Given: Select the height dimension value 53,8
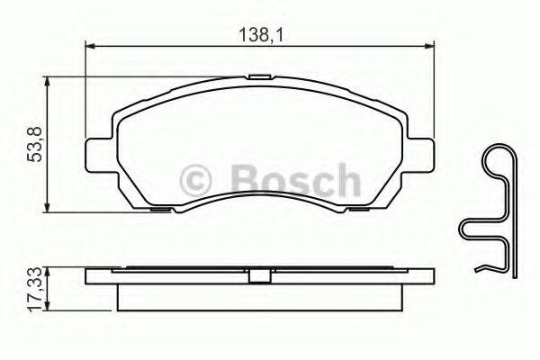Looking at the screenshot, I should pyautogui.click(x=36, y=144).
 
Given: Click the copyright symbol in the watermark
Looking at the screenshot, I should pyautogui.click(x=197, y=180).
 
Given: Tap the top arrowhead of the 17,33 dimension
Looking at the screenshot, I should pyautogui.click(x=48, y=271).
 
